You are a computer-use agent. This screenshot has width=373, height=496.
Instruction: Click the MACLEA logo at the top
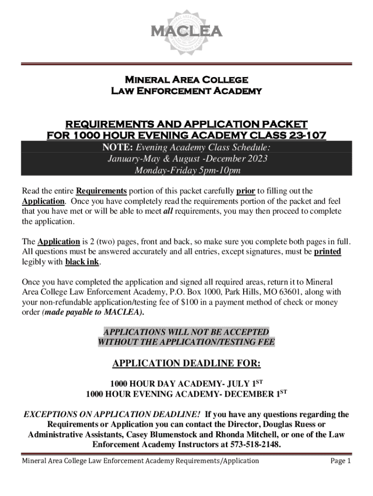[x=186, y=32]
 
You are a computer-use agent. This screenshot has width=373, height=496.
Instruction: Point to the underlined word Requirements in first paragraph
[x=102, y=190]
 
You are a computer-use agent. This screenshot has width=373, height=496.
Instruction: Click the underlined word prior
[x=246, y=190]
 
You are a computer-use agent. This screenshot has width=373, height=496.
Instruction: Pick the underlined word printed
[x=327, y=251]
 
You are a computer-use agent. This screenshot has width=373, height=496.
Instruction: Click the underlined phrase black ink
[x=82, y=262]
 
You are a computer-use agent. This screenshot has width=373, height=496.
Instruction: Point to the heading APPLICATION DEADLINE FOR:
[x=186, y=364]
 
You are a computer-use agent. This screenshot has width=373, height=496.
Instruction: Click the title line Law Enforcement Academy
[x=186, y=91]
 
